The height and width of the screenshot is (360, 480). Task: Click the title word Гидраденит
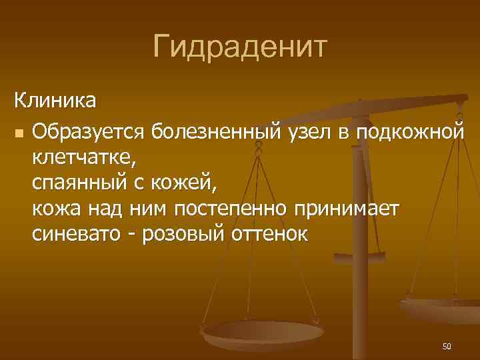point(240,47)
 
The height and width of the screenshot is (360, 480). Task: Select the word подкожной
point(409,131)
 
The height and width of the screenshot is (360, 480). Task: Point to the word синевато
point(75,235)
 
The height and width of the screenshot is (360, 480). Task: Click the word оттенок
point(271,235)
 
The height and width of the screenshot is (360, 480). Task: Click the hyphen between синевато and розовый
point(129,235)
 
